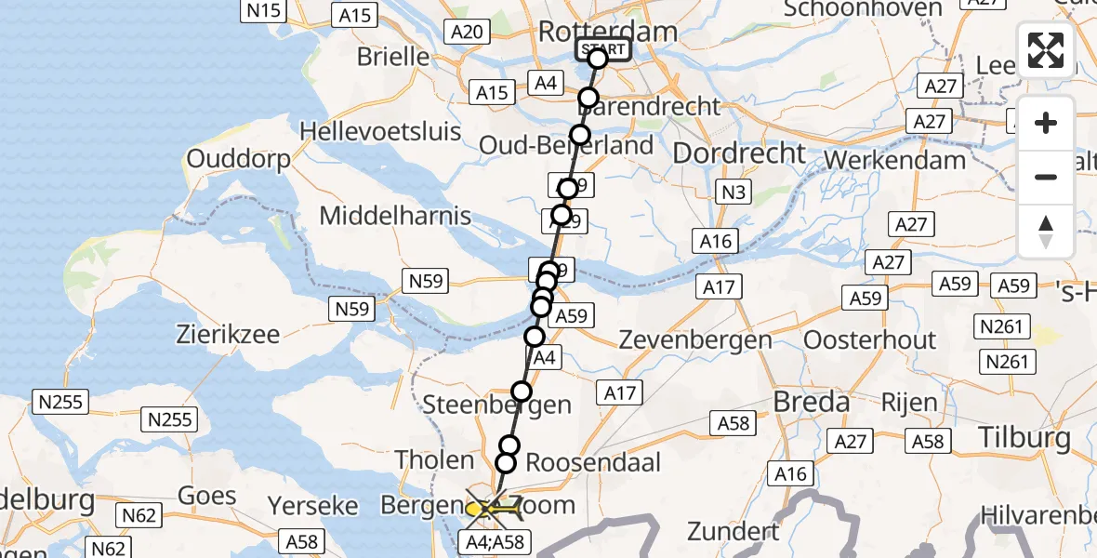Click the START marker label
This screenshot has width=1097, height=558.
coord(603,49)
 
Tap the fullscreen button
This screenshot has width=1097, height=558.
coord(1046,50)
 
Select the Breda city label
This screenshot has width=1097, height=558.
coord(811,403)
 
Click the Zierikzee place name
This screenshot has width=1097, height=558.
coord(228,335)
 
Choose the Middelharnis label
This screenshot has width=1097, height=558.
coord(395,217)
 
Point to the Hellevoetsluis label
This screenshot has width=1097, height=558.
coord(381,131)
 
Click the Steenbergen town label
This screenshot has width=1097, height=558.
coord(496,405)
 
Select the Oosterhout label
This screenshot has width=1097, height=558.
coord(869,339)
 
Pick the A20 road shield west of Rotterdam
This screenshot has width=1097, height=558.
coord(466,33)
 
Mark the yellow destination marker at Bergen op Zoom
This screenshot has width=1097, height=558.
coord(476,509)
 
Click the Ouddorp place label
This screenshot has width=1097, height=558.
coord(238,159)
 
